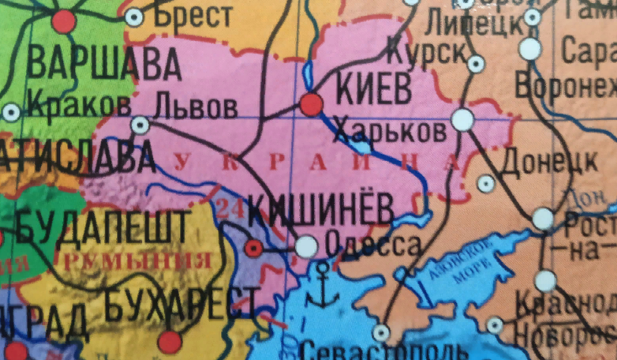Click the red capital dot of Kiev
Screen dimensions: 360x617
(312, 104)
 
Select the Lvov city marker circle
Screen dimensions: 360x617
(140, 124)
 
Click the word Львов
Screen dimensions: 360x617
(196, 106)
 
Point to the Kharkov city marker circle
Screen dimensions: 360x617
(462, 120)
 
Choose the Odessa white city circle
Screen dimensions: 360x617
(306, 247)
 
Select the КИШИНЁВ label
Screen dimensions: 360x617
(320, 210)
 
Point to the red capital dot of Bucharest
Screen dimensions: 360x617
(170, 342)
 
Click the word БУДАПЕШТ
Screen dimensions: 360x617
(103, 227)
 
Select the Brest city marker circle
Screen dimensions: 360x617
(135, 16)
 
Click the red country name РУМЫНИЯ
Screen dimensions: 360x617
(139, 260)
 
